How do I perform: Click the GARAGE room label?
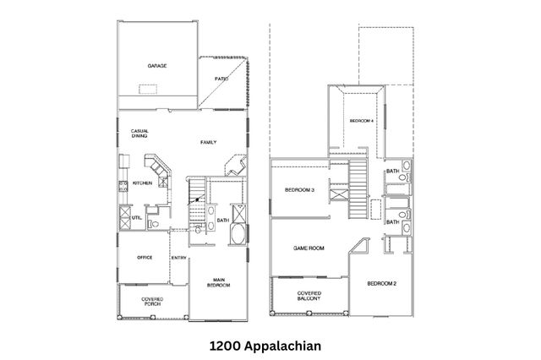pyautogui.click(x=156, y=65)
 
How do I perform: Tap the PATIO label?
pyautogui.click(x=221, y=79)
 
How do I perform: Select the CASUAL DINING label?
pyautogui.click(x=139, y=134)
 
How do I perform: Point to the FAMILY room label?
pyautogui.click(x=208, y=142)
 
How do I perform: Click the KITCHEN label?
pyautogui.click(x=141, y=183)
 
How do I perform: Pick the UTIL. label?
pyautogui.click(x=136, y=217)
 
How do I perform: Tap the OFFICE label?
pyautogui.click(x=145, y=257)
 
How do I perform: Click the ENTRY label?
pyautogui.click(x=179, y=258)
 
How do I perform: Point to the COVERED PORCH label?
pyautogui.click(x=152, y=301)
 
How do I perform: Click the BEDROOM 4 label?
pyautogui.click(x=362, y=122)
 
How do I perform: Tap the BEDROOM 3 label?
pyautogui.click(x=299, y=189)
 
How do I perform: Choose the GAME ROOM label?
pyautogui.click(x=309, y=248)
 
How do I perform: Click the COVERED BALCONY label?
pyautogui.click(x=309, y=297)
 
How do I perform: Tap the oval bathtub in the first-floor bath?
pyautogui.click(x=238, y=234)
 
